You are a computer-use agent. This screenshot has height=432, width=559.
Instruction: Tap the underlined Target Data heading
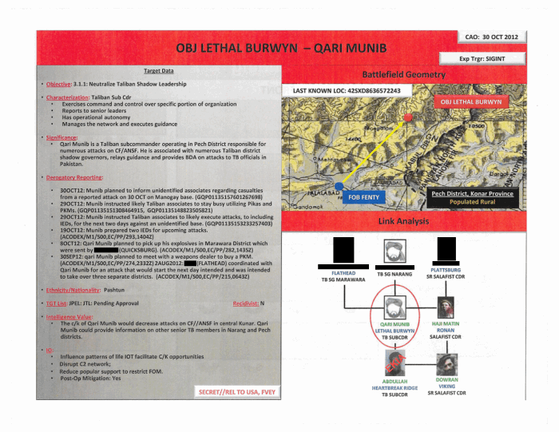tap(159, 72)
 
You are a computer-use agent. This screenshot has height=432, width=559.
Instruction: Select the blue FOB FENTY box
tap(363, 196)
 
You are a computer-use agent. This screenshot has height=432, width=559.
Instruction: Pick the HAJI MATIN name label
tap(446, 323)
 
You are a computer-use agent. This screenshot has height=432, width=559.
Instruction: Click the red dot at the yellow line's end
tap(409, 117)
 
